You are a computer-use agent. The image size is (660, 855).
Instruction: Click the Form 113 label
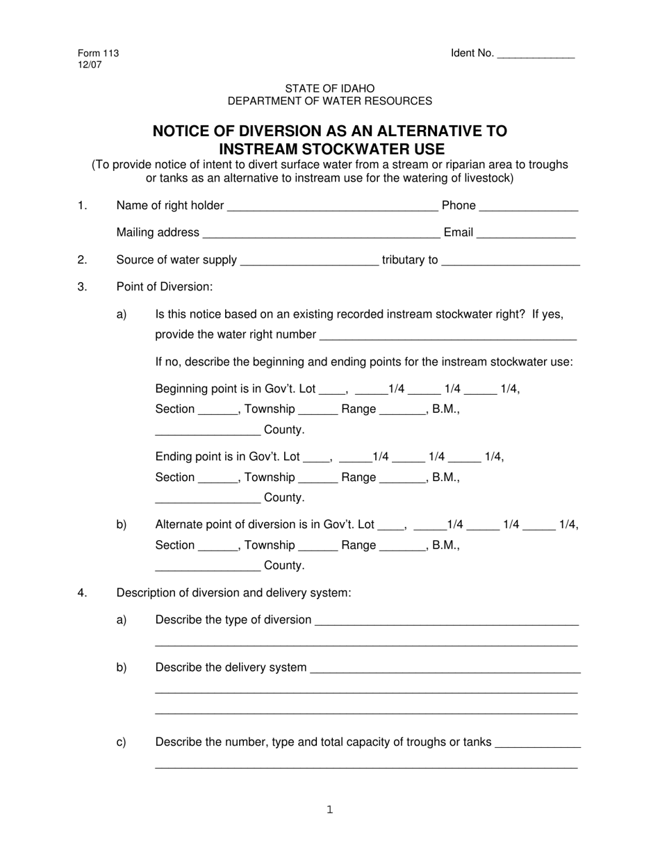(x=98, y=54)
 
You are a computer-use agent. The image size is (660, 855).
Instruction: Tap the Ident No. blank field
(x=536, y=54)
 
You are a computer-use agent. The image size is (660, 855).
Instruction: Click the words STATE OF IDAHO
(x=329, y=88)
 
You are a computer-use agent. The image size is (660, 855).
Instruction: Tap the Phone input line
(x=529, y=206)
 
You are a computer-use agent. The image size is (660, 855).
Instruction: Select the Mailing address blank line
(x=321, y=234)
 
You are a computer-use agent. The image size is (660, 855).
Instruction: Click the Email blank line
(x=526, y=234)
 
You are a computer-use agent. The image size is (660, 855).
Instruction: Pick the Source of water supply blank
(x=309, y=261)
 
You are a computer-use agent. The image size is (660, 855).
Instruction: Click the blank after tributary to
(x=511, y=261)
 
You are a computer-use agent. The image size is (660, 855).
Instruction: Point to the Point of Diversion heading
(x=165, y=287)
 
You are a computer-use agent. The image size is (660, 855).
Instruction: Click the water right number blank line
(x=447, y=336)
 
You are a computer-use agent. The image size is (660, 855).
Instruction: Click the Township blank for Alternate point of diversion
(x=318, y=546)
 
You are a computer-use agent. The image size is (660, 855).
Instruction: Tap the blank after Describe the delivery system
(x=445, y=669)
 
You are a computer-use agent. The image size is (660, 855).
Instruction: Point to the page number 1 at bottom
(x=330, y=809)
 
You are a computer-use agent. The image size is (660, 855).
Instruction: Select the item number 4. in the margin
(x=83, y=593)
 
